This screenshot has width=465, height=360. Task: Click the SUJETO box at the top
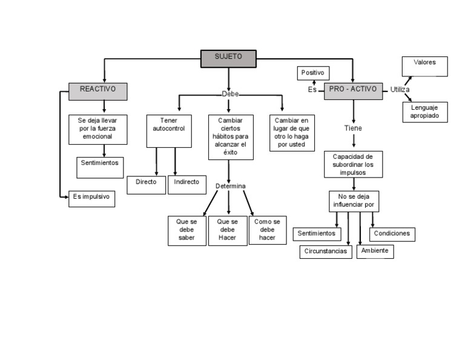click(228, 58)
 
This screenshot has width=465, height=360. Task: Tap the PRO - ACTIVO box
click(354, 91)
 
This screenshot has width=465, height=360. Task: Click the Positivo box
click(313, 73)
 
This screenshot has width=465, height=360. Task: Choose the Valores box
click(425, 66)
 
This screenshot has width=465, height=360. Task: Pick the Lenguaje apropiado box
click(425, 112)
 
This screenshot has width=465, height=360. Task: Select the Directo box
click(146, 184)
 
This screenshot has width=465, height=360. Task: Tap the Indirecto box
click(186, 184)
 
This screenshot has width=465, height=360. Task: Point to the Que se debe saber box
click(187, 230)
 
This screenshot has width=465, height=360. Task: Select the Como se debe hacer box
click(267, 230)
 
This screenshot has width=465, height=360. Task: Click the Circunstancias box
click(326, 252)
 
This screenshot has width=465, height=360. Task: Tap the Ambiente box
click(375, 251)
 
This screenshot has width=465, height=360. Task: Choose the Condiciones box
click(392, 234)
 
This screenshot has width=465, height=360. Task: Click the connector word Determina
click(231, 185)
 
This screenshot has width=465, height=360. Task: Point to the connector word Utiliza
click(400, 90)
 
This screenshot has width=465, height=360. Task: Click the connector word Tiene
click(353, 128)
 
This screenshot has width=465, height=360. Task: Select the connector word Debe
click(230, 95)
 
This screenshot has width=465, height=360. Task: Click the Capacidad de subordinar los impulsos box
click(353, 164)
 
